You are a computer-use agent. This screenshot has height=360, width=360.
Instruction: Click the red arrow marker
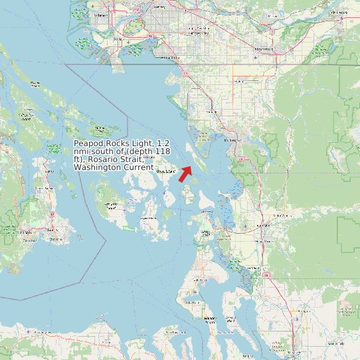[x=185, y=173]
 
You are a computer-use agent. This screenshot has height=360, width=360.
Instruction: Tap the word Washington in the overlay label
[x=98, y=167]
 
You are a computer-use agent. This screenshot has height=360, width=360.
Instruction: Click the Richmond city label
[x=102, y=14]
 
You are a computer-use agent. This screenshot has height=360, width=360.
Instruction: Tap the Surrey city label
[x=159, y=7]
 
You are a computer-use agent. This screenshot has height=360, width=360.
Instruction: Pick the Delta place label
[x=118, y=39]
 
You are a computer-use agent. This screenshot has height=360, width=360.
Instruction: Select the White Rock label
[x=170, y=57]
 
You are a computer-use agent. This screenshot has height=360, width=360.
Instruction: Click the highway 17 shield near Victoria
[x=51, y=215]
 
